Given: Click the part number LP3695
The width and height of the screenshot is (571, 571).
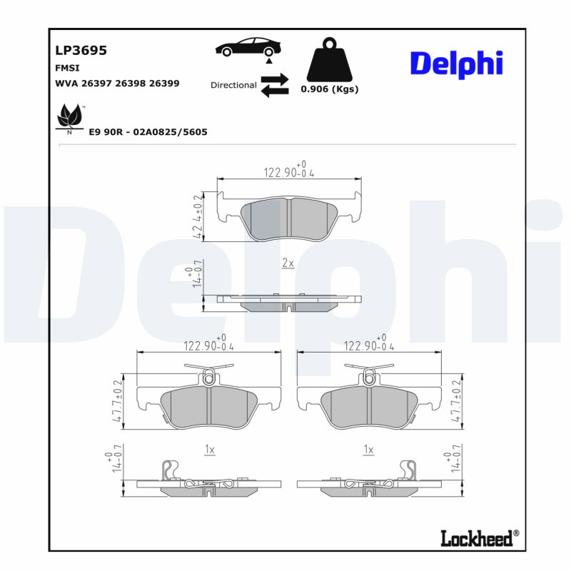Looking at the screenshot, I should (81, 51).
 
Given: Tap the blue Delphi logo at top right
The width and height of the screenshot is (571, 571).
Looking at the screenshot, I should (456, 64).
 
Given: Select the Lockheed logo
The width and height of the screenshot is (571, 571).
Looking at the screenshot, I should (476, 538).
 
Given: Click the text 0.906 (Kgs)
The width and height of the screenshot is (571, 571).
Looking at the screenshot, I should (329, 89).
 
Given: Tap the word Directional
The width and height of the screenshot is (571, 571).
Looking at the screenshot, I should (233, 85).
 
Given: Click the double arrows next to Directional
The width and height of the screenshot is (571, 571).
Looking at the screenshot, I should (274, 84).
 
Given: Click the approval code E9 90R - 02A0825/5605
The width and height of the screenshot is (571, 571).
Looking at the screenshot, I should (148, 132).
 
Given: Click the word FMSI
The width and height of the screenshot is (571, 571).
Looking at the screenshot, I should (67, 68).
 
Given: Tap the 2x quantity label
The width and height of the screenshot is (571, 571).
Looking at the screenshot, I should (288, 263).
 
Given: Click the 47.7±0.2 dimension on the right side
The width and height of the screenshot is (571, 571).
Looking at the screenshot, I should (455, 402).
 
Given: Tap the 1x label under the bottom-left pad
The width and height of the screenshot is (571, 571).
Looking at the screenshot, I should (209, 450).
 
